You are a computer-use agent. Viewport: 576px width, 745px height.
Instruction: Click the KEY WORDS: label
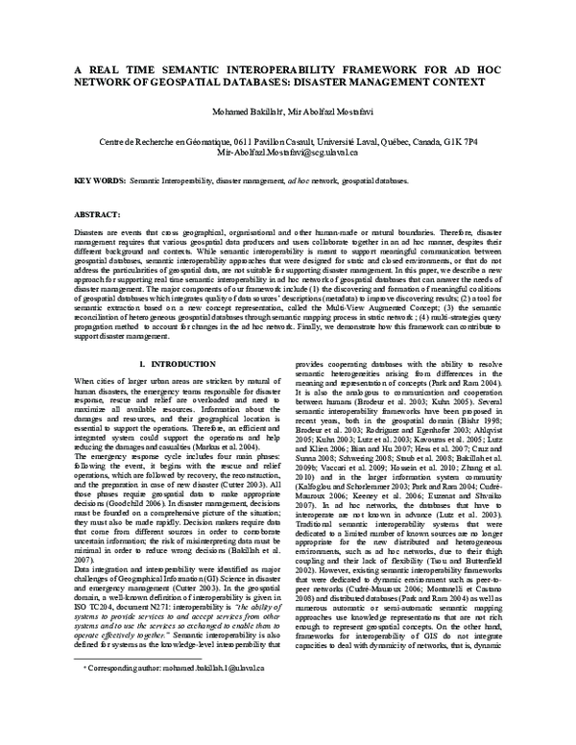point(100,180)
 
